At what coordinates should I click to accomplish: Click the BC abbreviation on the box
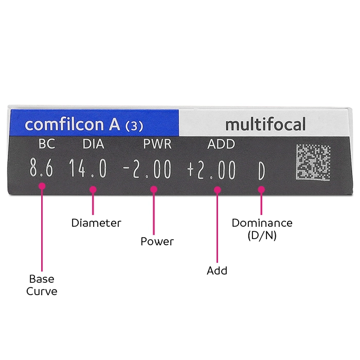pyautogui.click(x=47, y=144)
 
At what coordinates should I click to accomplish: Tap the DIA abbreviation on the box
pyautogui.click(x=94, y=144)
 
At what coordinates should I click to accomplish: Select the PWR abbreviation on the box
pyautogui.click(x=157, y=144)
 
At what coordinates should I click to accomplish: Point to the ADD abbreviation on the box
pyautogui.click(x=221, y=144)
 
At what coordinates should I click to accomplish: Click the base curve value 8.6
pyautogui.click(x=41, y=167)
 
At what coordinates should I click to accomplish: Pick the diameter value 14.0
pyautogui.click(x=88, y=168)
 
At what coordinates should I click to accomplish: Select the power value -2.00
pyautogui.click(x=147, y=169)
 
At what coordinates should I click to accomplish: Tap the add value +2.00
pyautogui.click(x=211, y=170)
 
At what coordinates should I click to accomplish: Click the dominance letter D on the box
pyautogui.click(x=261, y=171)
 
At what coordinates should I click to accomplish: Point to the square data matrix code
pyautogui.click(x=313, y=162)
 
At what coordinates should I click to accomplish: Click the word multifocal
pyautogui.click(x=266, y=124)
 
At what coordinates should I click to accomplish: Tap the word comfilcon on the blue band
pyautogui.click(x=64, y=124)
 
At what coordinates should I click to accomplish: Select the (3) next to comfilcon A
pyautogui.click(x=134, y=126)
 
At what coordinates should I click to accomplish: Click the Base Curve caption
pyautogui.click(x=42, y=285)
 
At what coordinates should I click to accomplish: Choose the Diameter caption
pyautogui.click(x=96, y=223)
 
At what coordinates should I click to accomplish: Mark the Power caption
pyautogui.click(x=157, y=241)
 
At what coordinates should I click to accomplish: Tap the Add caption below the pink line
pyautogui.click(x=217, y=271)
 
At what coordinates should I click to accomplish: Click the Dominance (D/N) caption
pyautogui.click(x=262, y=229)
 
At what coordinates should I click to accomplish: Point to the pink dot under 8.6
pyautogui.click(x=42, y=186)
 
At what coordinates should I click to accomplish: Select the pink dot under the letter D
pyautogui.click(x=261, y=190)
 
